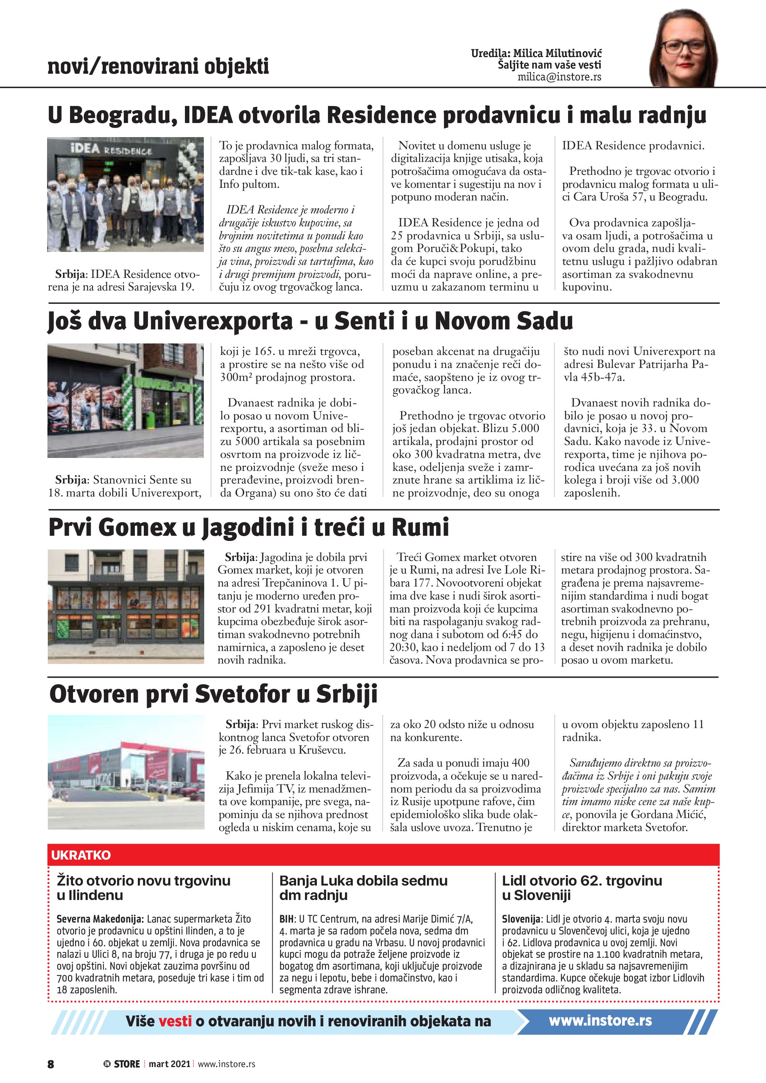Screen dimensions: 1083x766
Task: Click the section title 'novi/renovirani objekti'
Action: point(158,66)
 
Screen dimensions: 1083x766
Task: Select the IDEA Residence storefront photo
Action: point(126,195)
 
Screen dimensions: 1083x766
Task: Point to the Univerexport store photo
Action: point(126,401)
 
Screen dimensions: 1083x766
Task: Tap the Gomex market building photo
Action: point(126,607)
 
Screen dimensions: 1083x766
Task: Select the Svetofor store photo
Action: point(126,772)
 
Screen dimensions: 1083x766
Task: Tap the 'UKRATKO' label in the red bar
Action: point(81,855)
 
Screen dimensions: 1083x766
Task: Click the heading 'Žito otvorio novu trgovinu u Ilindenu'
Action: point(143,888)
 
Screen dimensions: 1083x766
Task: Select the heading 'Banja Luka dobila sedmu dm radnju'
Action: point(363,888)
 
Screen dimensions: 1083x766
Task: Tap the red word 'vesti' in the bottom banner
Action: point(175,1021)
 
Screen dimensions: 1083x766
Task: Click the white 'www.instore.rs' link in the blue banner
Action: point(600,1021)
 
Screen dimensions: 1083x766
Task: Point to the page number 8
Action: point(50,1064)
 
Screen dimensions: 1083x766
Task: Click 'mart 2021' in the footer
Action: point(169,1064)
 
